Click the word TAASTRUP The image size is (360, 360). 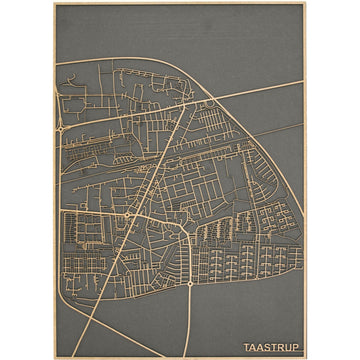tap(271, 347)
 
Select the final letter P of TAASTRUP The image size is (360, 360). tap(295, 347)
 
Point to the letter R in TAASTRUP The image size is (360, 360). tap(280, 347)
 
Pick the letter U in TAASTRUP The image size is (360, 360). tap(288, 347)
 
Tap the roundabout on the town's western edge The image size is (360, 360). tap(61, 130)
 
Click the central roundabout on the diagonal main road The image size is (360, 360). tap(129, 214)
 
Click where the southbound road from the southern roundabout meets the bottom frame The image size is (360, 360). tap(191, 356)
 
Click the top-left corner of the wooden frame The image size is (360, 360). tap(54, 3)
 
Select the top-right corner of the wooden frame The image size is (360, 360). tap(306, 3)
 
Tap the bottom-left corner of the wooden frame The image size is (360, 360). tap(54, 357)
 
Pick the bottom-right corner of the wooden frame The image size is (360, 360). tap(306, 357)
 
